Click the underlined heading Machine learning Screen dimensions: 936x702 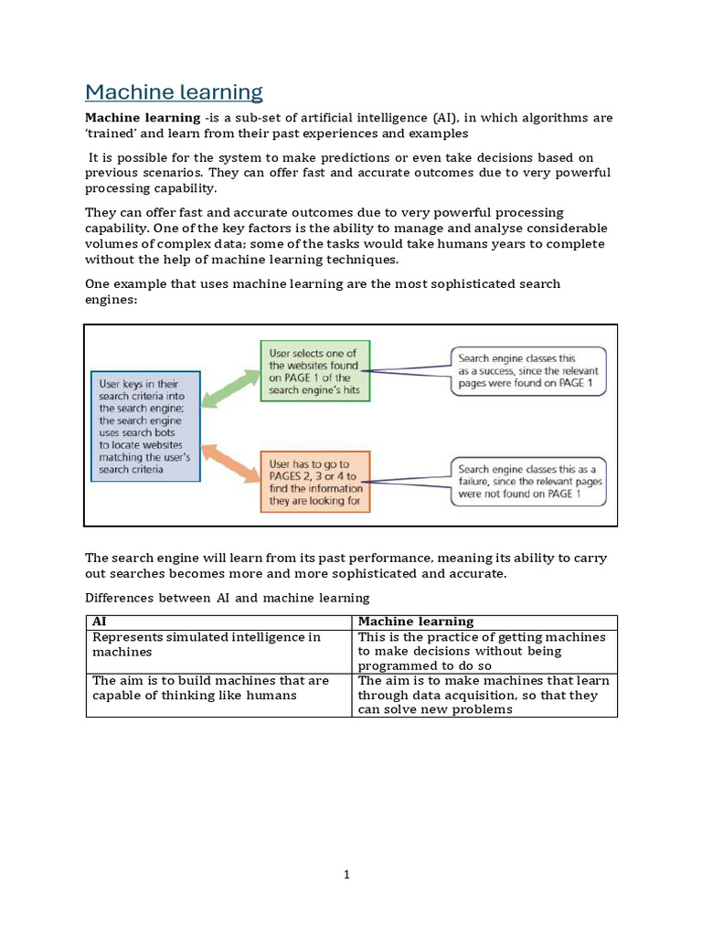174,92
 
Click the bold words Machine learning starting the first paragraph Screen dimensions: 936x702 142,118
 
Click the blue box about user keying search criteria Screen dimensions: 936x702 144,426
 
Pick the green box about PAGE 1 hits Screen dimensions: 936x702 315,370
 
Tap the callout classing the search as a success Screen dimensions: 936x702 527,370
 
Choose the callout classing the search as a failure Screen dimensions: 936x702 527,481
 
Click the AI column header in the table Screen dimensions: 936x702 101,622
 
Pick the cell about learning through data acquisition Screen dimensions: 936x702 484,696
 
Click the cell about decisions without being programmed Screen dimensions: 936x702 484,652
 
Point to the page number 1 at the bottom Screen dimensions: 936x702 347,875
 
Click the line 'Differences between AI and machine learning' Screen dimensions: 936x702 227,598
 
